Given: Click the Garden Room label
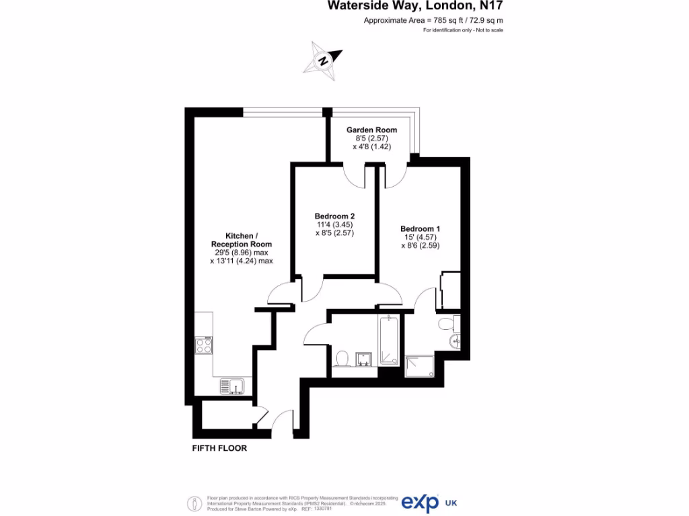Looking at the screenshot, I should coord(371,130).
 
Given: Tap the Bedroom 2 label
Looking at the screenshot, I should coord(334,216).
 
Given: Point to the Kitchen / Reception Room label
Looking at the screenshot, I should coord(241,240).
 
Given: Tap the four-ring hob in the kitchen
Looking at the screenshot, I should coord(204,345).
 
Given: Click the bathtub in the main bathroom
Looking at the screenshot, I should coord(389,340).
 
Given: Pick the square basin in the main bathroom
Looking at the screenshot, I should coord(365,359).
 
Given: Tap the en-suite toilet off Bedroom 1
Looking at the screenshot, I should coord(447,325).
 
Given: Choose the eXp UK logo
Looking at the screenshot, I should coord(421,503).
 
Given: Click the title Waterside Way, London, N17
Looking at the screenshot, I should coord(415,6).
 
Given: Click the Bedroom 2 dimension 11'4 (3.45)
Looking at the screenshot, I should coord(334,224).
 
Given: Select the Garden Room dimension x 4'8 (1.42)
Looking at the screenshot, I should coord(371,146).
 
